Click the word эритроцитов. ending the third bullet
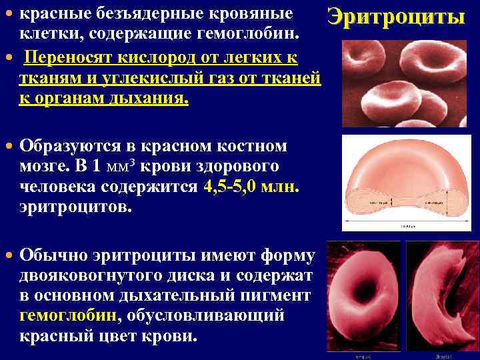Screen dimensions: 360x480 click(x=76, y=208)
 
